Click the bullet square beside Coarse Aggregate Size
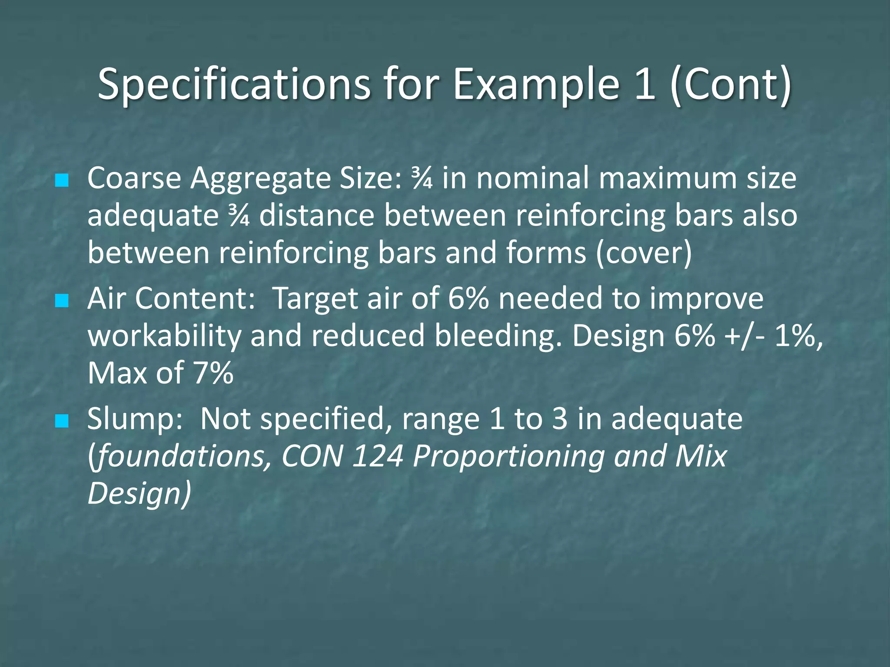[62, 180]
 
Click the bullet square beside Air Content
[62, 300]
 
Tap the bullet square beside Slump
[62, 420]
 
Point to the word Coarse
[134, 178]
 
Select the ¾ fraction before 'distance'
[239, 216]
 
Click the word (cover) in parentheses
[644, 253]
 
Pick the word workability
[164, 337]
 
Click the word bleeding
[495, 337]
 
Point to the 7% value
[213, 373]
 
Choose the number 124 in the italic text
[378, 456]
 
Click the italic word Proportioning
[508, 457]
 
